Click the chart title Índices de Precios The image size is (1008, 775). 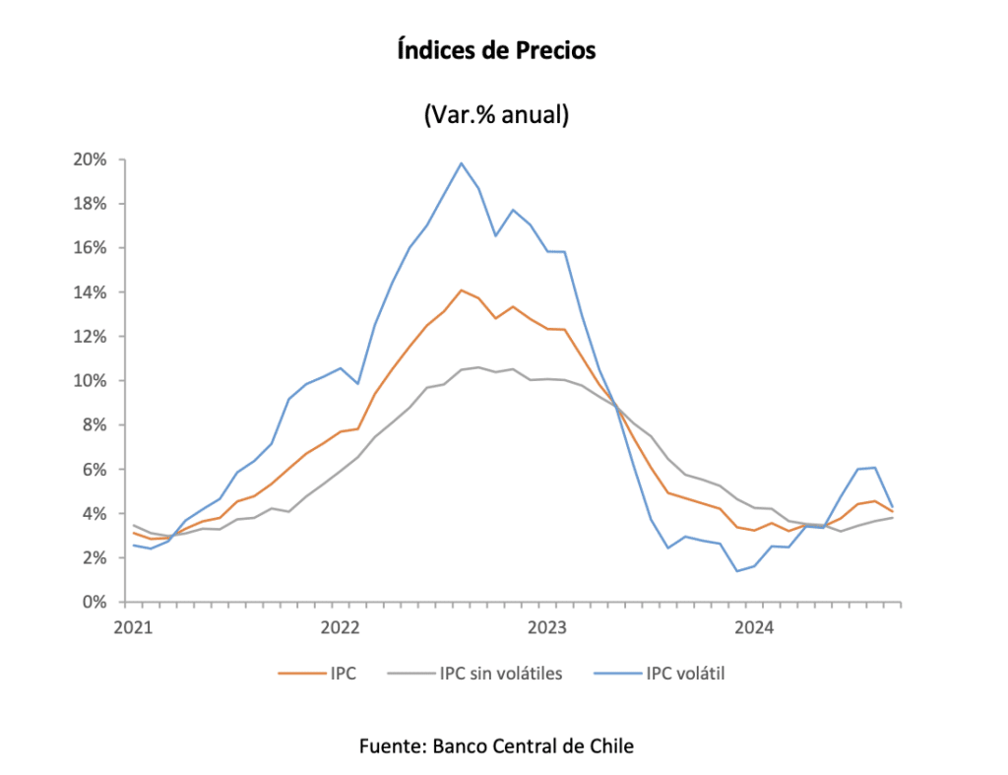click(x=497, y=50)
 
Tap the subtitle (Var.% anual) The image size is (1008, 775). click(x=497, y=114)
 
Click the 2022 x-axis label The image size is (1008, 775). click(x=340, y=626)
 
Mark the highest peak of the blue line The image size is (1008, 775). click(x=461, y=163)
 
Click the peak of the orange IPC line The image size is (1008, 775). click(x=461, y=290)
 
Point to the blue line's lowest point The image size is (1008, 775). click(x=736, y=571)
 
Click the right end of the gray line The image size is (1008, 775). click(x=892, y=517)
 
